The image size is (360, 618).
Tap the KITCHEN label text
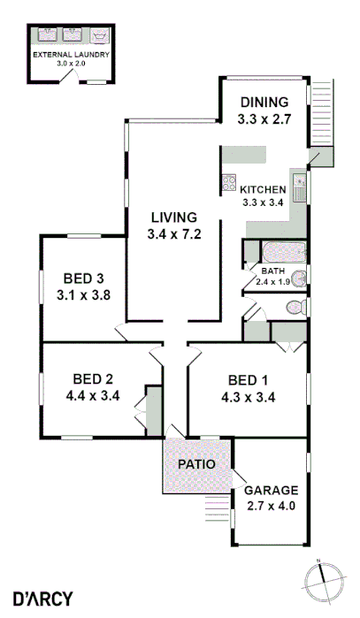coord(263,189)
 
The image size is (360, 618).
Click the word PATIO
coord(195,463)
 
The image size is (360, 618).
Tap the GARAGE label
coord(272,490)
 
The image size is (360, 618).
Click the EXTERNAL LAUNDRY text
coord(71,55)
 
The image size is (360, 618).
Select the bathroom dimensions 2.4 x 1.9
coord(272,281)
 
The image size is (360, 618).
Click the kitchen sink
coord(299,187)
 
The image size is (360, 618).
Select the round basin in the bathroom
coord(299,278)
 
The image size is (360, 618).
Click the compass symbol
coord(322,581)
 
